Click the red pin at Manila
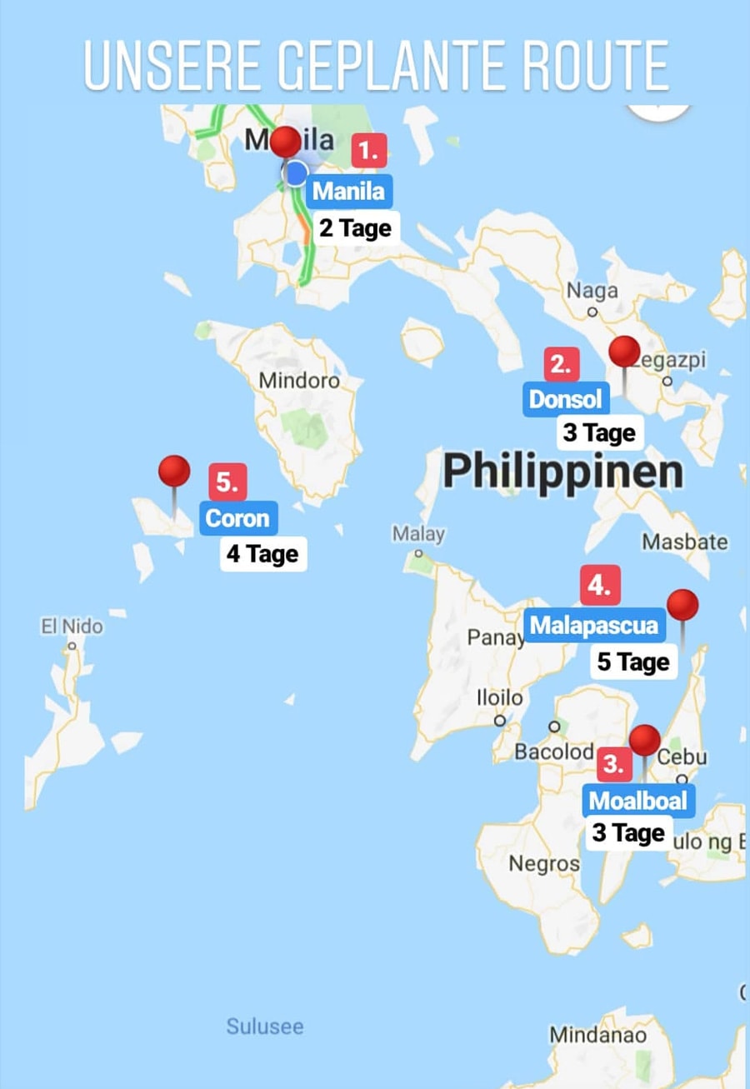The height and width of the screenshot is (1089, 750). pyautogui.click(x=286, y=142)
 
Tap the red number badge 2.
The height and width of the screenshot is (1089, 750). pyautogui.click(x=561, y=364)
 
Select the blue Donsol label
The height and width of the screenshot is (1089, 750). pyautogui.click(x=566, y=399)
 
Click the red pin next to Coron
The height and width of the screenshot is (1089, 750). pyautogui.click(x=174, y=472)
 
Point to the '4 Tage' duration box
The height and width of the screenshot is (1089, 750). pyautogui.click(x=262, y=554)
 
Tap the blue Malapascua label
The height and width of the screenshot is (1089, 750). pyautogui.click(x=594, y=625)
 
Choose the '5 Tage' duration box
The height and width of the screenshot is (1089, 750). pyautogui.click(x=633, y=662)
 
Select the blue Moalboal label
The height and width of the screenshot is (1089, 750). pyautogui.click(x=638, y=802)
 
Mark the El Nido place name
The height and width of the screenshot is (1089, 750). pyautogui.click(x=72, y=627)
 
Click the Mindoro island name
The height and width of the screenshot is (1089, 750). pyautogui.click(x=299, y=381)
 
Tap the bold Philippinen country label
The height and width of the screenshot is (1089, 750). pyautogui.click(x=562, y=472)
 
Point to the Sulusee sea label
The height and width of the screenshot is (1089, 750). pyautogui.click(x=265, y=1027)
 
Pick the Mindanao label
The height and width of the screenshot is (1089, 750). pyautogui.click(x=597, y=1036)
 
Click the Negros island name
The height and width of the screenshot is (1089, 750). pyautogui.click(x=544, y=863)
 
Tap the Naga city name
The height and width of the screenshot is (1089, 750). pyautogui.click(x=592, y=291)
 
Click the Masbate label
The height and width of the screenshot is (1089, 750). pyautogui.click(x=685, y=542)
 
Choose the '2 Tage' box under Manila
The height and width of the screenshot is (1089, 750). pyautogui.click(x=355, y=227)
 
